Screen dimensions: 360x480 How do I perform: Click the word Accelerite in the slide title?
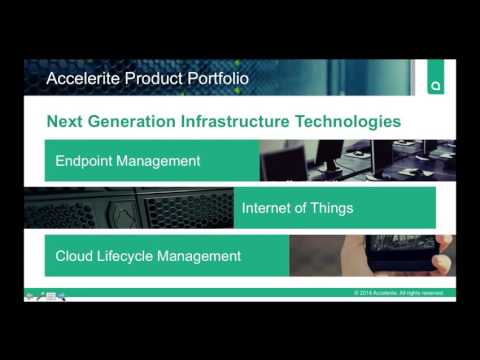point(81,77)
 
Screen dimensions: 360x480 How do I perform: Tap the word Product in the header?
point(150,77)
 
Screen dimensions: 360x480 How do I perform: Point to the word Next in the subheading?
point(64,121)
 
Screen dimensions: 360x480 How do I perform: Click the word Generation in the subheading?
point(133,121)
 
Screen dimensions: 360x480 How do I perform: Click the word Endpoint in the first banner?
point(88,160)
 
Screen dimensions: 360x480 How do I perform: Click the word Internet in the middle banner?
point(268,209)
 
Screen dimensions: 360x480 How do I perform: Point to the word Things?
point(331,209)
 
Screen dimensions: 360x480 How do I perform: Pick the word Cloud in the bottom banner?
point(75,256)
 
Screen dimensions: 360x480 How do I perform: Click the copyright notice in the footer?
point(398,293)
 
